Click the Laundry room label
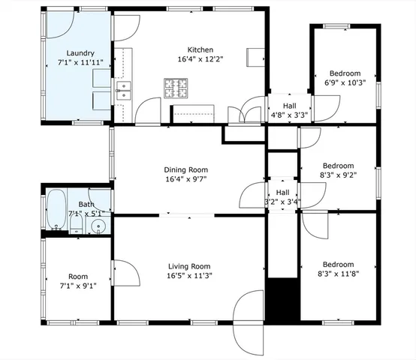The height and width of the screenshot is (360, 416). point(80,52)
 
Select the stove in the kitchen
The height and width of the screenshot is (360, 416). point(177,89)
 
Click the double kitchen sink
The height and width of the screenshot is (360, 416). point(122,91)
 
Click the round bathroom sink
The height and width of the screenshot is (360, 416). point(97,226)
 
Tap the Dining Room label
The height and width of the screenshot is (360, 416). point(186,169)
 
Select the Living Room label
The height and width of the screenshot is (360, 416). point(188,266)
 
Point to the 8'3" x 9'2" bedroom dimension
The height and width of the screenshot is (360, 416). point(339,175)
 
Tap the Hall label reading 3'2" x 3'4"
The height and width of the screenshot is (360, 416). point(282,201)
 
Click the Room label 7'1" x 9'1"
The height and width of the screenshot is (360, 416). point(78,286)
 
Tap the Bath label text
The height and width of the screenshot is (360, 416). point(86,204)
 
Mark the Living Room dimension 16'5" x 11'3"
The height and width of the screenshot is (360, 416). point(188,276)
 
